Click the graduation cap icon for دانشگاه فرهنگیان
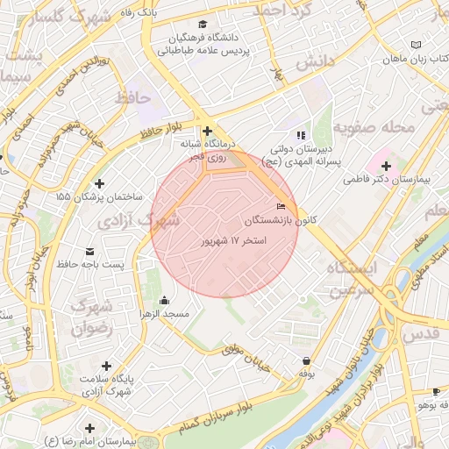pyautogui.click(x=203, y=25)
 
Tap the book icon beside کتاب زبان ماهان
pyautogui.click(x=415, y=45)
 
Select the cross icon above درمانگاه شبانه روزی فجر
pyautogui.click(x=207, y=132)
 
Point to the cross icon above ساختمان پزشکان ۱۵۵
pyautogui.click(x=99, y=183)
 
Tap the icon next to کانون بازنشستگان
pyautogui.click(x=281, y=207)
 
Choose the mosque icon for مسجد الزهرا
pyautogui.click(x=166, y=301)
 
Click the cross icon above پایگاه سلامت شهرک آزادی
pyautogui.click(x=107, y=366)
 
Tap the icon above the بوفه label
pyautogui.click(x=305, y=360)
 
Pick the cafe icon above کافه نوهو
pyautogui.click(x=436, y=391)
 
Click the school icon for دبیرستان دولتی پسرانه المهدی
pyautogui.click(x=301, y=135)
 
